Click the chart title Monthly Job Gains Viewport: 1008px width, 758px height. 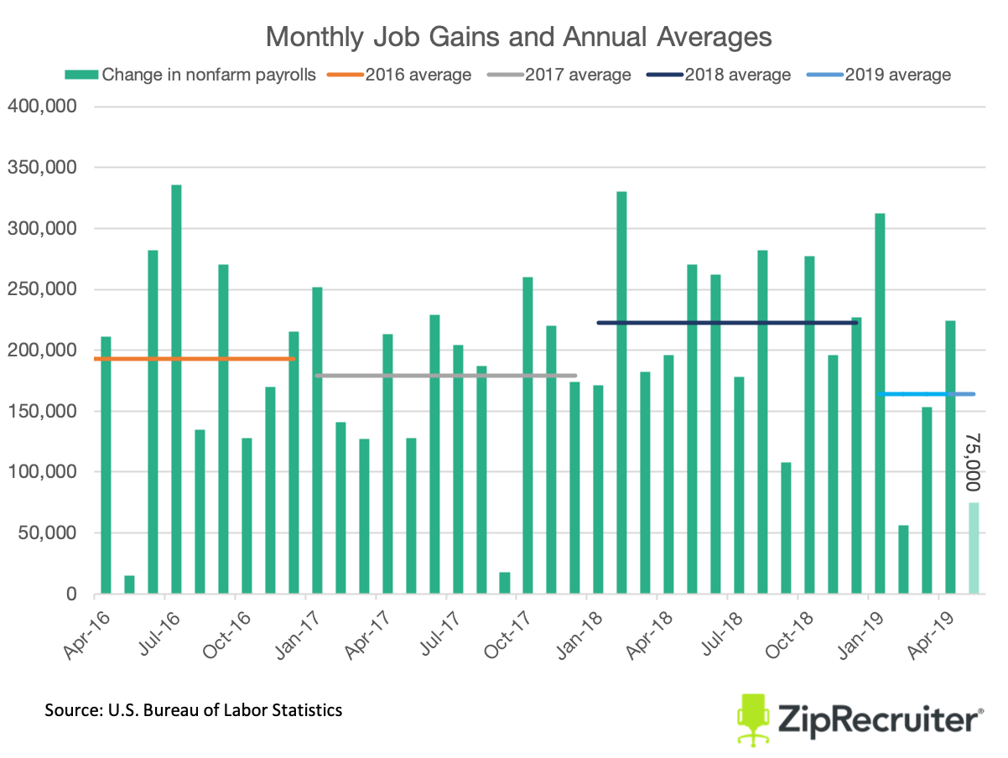(517, 38)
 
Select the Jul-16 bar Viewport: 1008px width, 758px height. (176, 389)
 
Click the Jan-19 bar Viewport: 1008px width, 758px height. (880, 403)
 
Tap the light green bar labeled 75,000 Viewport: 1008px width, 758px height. (974, 548)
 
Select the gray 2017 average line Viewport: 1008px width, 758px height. (445, 375)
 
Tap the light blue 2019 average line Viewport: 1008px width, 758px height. (927, 393)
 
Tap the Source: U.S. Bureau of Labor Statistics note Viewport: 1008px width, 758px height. (194, 710)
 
